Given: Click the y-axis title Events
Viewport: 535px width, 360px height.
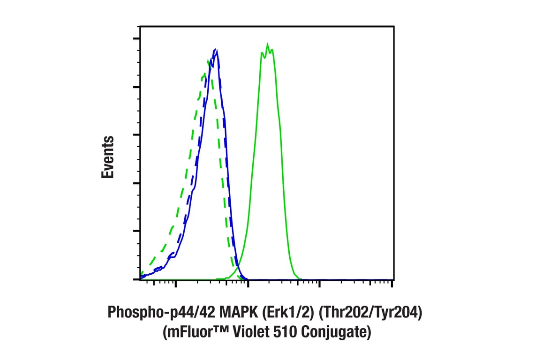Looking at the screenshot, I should pyautogui.click(x=108, y=157).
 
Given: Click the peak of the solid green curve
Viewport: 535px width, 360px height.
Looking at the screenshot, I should pyautogui.click(x=267, y=45).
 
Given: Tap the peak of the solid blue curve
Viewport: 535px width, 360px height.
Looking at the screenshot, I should pyautogui.click(x=215, y=49).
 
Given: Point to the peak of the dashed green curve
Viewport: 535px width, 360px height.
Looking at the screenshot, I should pyautogui.click(x=208, y=60).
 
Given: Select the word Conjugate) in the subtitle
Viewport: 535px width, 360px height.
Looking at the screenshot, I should pyautogui.click(x=337, y=333).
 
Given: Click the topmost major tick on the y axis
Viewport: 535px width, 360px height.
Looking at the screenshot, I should pyautogui.click(x=136, y=39).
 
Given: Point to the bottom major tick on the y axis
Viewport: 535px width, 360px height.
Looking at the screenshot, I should pyautogui.click(x=136, y=279).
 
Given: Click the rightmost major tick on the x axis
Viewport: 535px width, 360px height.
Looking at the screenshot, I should pyautogui.click(x=392, y=283).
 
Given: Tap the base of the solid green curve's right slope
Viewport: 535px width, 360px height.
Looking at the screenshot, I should pyautogui.click(x=300, y=278).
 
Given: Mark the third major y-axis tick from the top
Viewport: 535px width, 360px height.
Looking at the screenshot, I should pyautogui.click(x=136, y=135).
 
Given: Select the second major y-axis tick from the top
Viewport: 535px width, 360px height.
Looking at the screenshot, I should pyautogui.click(x=136, y=87).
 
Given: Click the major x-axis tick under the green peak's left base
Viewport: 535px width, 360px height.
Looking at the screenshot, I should pyautogui.click(x=248, y=283).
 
